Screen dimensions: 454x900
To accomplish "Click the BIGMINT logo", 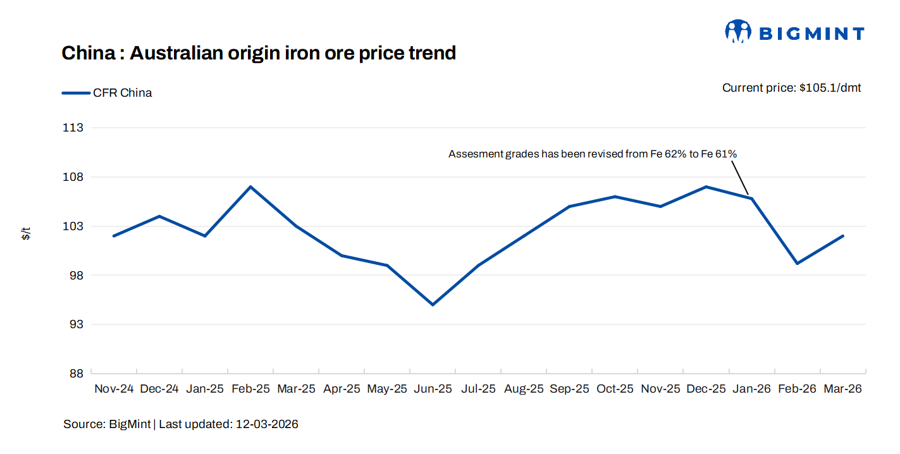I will tap(794, 32).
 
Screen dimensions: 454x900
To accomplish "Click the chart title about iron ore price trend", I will tap(259, 53).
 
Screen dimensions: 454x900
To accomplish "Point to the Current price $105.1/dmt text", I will tap(791, 88).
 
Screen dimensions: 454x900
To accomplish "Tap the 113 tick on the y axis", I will tap(74, 128).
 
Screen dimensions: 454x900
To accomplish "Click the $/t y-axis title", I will tap(26, 234).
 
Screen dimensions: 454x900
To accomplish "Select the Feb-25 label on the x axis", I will tap(250, 389).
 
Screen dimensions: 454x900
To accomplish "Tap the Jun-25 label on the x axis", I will tap(433, 389).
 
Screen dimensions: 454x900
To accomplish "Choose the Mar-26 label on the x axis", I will tap(842, 389).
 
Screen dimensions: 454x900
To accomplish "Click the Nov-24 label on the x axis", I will tap(114, 389).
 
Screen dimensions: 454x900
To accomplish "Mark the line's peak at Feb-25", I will tap(250, 187).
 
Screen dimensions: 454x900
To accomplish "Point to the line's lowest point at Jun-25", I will tap(433, 305).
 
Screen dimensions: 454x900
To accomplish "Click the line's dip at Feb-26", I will tap(797, 263).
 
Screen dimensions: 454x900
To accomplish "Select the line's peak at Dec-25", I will tap(706, 187).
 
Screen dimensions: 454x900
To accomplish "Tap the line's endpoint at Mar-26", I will tap(842, 236).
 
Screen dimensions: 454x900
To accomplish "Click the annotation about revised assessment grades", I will tap(593, 154).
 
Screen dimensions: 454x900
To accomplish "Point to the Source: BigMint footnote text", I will tap(108, 424).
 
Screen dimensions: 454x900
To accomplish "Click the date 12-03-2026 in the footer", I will tap(267, 424).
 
